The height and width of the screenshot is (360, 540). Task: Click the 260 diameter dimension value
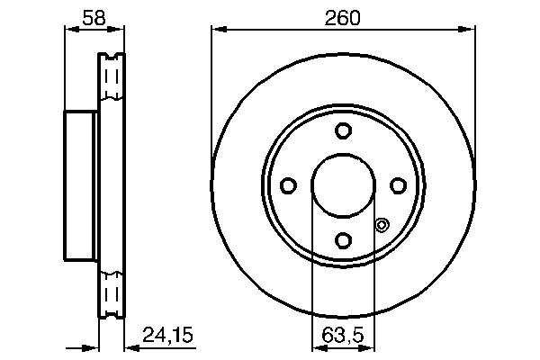point(342,16)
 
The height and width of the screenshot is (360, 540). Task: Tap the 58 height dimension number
point(94,16)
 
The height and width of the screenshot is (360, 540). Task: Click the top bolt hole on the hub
point(343,131)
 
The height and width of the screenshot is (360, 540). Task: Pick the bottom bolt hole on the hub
point(343,239)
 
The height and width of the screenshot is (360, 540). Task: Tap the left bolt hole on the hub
point(289,185)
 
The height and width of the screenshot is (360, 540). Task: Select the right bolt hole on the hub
point(397,185)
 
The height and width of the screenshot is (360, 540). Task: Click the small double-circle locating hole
point(381,225)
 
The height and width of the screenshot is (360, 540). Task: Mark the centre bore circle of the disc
point(343,185)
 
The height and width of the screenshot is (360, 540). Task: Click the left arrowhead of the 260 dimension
point(217,30)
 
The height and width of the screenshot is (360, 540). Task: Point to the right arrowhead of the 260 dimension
point(469,30)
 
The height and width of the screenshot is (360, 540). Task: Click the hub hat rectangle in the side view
point(81,185)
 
